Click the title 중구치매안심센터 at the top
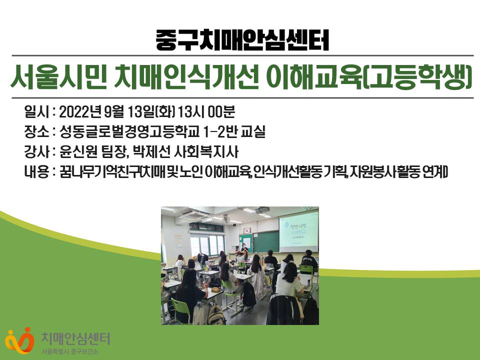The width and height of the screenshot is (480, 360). coord(242,40)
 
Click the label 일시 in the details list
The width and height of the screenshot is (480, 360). coord(36,112)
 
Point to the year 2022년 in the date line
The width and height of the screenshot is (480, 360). coord(80,112)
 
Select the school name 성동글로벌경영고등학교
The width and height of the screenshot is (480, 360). coord(129,132)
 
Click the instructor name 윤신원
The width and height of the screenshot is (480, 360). coord(78,152)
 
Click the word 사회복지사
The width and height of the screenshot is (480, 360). coord(205,152)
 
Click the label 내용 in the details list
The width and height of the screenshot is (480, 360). coord(36,172)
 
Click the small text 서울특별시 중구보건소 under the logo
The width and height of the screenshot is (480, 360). coord(70,351)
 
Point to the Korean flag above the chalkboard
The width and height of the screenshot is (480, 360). coord(246,230)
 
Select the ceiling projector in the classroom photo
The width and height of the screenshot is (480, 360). coord(262,210)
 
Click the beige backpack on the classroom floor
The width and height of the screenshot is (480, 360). coord(216,314)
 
